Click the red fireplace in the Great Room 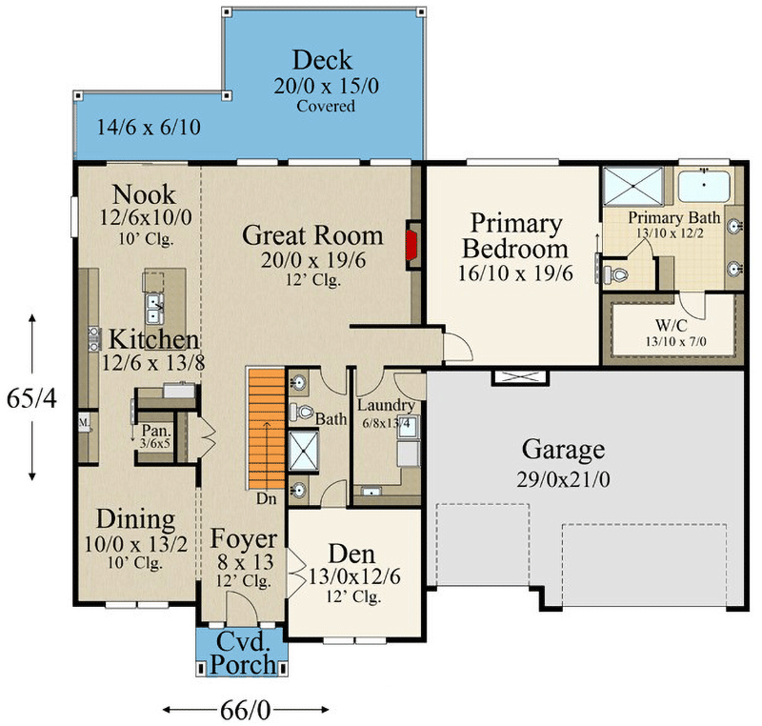(412, 246)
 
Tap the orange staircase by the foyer (267, 430)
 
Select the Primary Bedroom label (515, 236)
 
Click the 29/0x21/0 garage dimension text (563, 480)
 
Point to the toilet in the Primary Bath (615, 275)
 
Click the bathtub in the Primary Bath (704, 187)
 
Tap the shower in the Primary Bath (633, 186)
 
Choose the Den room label (351, 554)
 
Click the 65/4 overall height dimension (31, 398)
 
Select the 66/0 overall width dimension (246, 711)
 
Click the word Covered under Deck (326, 106)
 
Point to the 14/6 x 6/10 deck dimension (149, 128)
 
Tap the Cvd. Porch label (243, 653)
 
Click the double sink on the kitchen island (154, 309)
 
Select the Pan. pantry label (156, 431)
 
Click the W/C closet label (672, 325)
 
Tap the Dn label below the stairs (267, 499)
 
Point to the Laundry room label (387, 405)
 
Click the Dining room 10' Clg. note (134, 563)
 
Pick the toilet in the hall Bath (301, 413)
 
